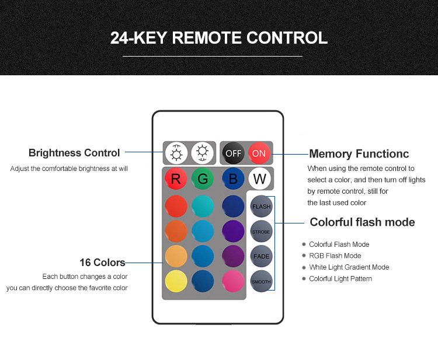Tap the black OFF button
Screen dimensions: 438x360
pyautogui.click(x=233, y=153)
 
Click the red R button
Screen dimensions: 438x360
pyautogui.click(x=176, y=179)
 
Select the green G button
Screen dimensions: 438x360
pyautogui.click(x=203, y=179)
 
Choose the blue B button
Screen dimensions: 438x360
pyautogui.click(x=233, y=179)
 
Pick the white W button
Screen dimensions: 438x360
pyautogui.click(x=260, y=179)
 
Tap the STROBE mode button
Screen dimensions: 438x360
pyautogui.click(x=261, y=232)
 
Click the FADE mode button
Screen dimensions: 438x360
pyautogui.click(x=261, y=256)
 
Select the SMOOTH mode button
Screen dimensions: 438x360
pyautogui.click(x=261, y=281)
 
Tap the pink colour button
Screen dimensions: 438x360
pyautogui.click(x=233, y=281)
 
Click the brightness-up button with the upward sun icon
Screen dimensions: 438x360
pyautogui.click(x=176, y=153)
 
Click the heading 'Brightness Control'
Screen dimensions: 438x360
pyautogui.click(x=74, y=153)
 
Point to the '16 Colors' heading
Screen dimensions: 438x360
pyautogui.click(x=102, y=263)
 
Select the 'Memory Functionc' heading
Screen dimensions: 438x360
pyautogui.click(x=359, y=154)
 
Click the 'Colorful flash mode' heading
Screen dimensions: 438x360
pyautogui.click(x=362, y=222)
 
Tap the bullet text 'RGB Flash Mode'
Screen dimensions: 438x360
pyautogui.click(x=335, y=256)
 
